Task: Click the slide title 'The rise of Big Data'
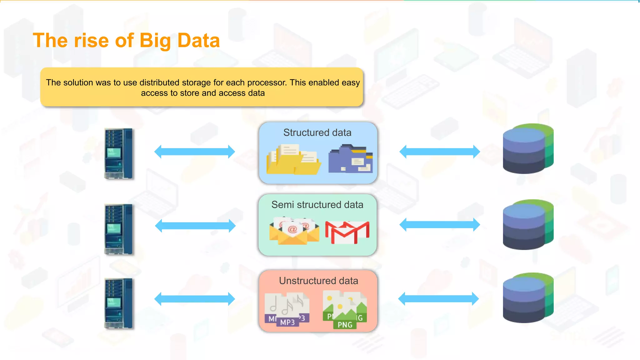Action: [x=126, y=41]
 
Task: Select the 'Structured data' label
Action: [x=317, y=132]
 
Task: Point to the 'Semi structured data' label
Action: [x=317, y=205]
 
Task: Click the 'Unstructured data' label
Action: [x=318, y=281]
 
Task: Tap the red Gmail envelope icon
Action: [x=347, y=232]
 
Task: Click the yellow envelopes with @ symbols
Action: [x=294, y=231]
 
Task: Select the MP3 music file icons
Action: [x=287, y=309]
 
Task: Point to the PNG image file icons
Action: [x=345, y=309]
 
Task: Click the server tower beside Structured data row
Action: [x=118, y=153]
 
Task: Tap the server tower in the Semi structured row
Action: [x=118, y=229]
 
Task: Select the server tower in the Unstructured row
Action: [x=118, y=303]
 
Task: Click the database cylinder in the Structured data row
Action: [x=528, y=149]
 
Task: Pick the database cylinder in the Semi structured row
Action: [x=528, y=225]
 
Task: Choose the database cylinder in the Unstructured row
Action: [x=528, y=298]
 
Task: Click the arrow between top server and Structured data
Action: [x=194, y=152]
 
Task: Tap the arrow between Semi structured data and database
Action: [x=439, y=225]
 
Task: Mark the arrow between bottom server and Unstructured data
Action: [x=194, y=299]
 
